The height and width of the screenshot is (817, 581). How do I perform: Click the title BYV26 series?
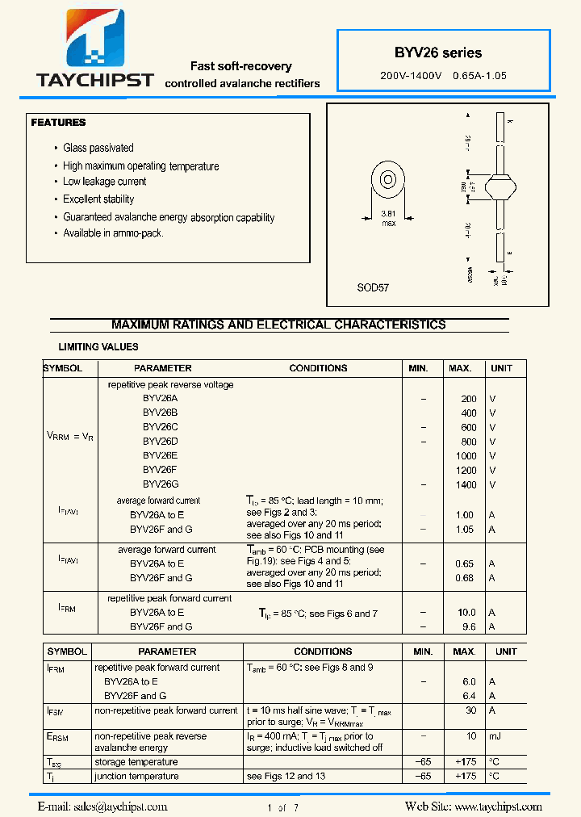point(438,53)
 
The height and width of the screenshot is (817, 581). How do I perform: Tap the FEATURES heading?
point(58,123)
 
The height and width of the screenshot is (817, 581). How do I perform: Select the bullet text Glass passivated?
point(98,148)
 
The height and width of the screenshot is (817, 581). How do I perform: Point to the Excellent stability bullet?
point(98,199)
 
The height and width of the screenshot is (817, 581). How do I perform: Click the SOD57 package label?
point(373,287)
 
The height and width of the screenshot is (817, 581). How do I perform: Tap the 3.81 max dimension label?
point(388,219)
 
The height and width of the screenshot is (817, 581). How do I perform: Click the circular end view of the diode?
point(387,179)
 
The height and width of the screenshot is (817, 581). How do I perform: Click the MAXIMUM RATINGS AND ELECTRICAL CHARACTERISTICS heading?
point(278,325)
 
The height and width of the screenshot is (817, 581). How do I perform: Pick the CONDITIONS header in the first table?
point(318,368)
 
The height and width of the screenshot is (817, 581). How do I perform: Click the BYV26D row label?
point(161,442)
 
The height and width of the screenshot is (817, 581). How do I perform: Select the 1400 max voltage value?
point(466,485)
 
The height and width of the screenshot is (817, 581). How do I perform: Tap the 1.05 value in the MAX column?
point(465,530)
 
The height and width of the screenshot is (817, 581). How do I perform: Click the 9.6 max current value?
point(468,626)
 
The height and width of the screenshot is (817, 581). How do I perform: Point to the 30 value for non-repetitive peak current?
point(470,710)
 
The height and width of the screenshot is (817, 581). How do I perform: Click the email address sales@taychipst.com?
point(102,807)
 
